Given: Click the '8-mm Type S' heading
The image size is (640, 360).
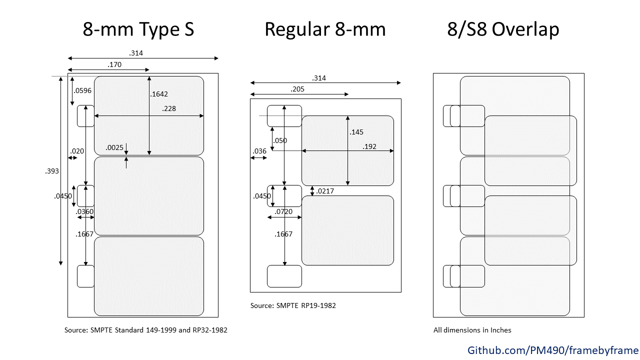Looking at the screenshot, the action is point(138,29).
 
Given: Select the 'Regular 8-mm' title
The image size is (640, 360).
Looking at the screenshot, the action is point(325,29).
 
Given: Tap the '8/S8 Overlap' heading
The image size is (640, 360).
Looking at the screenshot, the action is point(503,29).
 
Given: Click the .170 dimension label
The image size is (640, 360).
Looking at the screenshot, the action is point(114,64).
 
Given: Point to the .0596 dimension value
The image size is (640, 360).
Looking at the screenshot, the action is point(82,90).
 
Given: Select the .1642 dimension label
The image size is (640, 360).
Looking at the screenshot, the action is point(159,94).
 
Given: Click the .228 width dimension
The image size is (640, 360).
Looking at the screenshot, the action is point(169,108).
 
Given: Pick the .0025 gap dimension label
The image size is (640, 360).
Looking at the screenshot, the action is point(114,147).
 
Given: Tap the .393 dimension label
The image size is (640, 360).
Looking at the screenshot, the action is point(52,171).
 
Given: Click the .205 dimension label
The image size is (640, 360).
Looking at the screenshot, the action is point(297,89).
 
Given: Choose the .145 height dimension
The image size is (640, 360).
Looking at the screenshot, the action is point(356,132).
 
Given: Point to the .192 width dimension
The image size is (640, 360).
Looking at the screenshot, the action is point(369,146).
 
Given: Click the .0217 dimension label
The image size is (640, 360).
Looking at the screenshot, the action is point(325,191).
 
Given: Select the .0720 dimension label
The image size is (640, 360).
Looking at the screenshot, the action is point(283,211).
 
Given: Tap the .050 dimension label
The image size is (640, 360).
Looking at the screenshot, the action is point(280,140).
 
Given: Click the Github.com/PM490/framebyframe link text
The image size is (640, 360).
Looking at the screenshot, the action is point(553,350).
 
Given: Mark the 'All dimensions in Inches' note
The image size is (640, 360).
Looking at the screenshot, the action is point(472,330).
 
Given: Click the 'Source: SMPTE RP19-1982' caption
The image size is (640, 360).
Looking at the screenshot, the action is point(293,305).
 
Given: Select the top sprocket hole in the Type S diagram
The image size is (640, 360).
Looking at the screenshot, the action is point(85,116).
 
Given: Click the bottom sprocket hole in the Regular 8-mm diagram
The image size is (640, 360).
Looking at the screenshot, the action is point(284,276).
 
